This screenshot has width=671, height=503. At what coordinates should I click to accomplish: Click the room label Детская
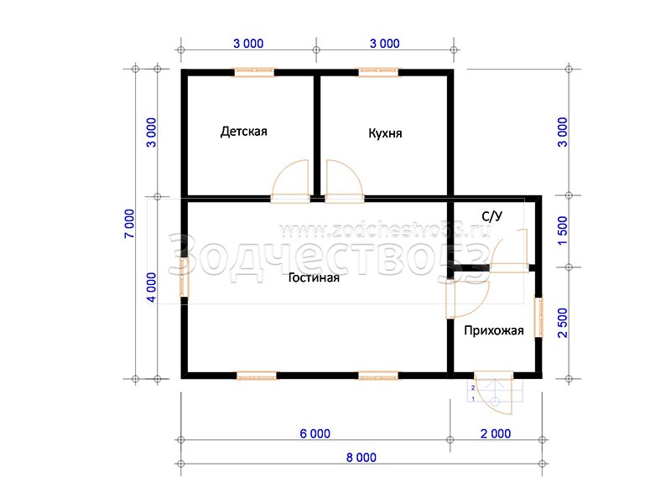click(x=243, y=132)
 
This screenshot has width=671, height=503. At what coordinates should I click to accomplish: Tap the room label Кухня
click(x=385, y=133)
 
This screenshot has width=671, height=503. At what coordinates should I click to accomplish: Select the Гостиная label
click(x=314, y=277)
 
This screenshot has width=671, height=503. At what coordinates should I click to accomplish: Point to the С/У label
click(x=492, y=216)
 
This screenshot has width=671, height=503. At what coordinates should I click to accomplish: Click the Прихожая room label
click(x=494, y=330)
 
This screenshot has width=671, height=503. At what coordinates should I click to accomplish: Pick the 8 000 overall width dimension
click(x=362, y=458)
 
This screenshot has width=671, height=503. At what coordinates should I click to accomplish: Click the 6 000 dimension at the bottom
click(x=315, y=433)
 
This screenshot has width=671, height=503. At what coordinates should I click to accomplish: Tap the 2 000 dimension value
click(x=496, y=433)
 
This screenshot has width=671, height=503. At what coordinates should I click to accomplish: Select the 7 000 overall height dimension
click(x=129, y=224)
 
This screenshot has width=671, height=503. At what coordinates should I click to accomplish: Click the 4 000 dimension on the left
click(x=152, y=288)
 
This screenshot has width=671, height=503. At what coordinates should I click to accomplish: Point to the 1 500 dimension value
click(x=562, y=231)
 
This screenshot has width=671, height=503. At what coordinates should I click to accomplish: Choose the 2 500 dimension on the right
click(x=562, y=323)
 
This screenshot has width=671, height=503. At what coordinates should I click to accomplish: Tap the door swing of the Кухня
click(x=345, y=179)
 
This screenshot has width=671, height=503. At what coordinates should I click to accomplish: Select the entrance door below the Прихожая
click(x=493, y=392)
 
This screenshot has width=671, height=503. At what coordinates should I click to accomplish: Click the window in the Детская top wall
click(x=254, y=72)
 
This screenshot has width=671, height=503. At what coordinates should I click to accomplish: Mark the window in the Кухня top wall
click(x=378, y=72)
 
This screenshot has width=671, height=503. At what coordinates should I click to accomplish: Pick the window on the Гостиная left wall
click(x=184, y=277)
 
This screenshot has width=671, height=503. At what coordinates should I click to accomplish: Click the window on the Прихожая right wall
click(x=538, y=318)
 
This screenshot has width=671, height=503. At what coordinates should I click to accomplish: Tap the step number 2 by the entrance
click(x=473, y=388)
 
